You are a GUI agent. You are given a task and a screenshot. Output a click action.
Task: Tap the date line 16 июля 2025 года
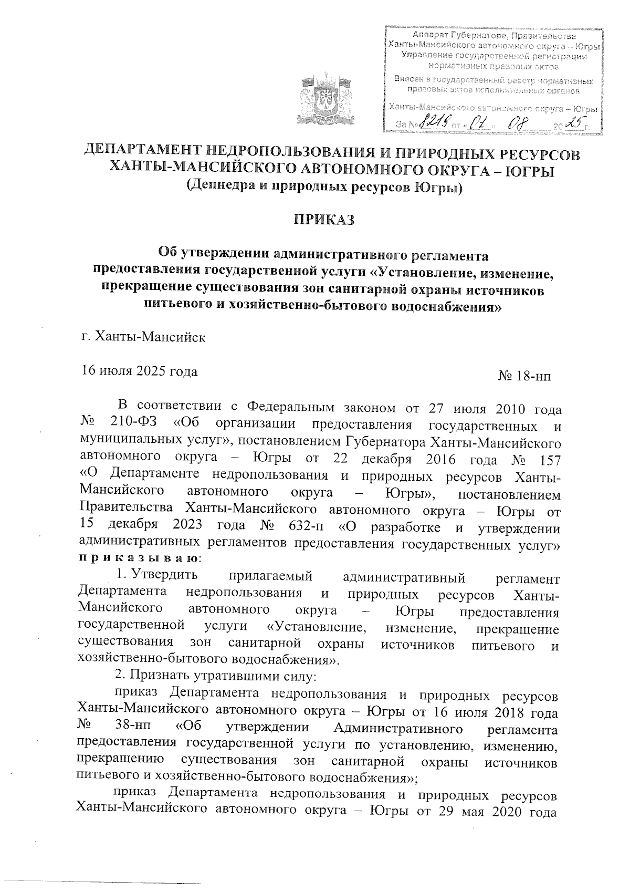pos(139,371)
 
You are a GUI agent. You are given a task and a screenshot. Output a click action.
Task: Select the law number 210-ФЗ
pos(134,424)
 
